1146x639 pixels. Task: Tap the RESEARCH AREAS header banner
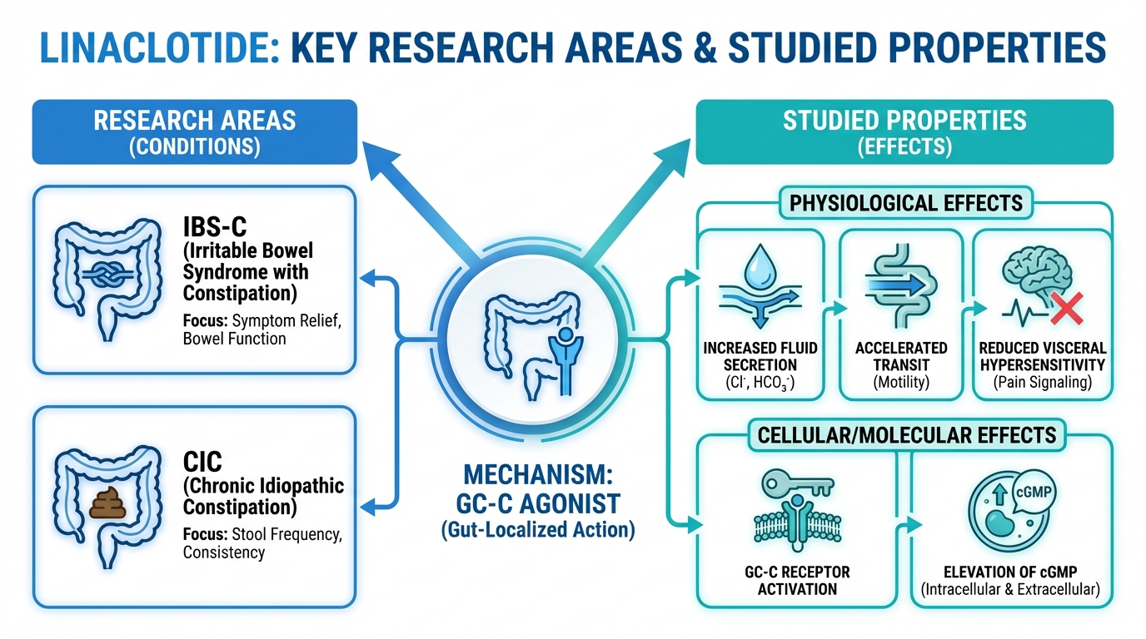[x=194, y=131]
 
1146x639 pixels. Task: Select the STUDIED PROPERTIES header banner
[x=904, y=131]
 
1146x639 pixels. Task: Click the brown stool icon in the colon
[x=107, y=503]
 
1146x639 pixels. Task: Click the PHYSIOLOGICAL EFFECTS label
[x=905, y=203]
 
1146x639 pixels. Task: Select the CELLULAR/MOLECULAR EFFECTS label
[x=905, y=434]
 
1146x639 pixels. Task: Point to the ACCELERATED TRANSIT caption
[x=900, y=356]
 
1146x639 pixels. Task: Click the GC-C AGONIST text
[x=537, y=503]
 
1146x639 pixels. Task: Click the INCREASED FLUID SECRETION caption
[x=760, y=356]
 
